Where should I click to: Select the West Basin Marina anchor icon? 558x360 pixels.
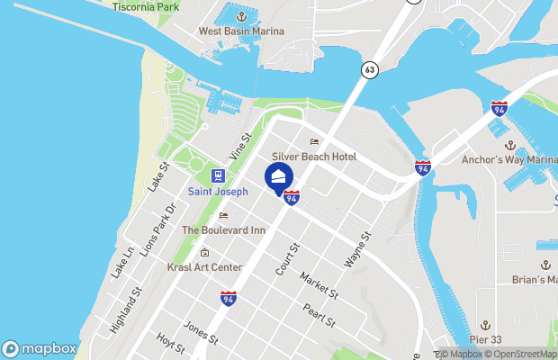[x=241, y=15]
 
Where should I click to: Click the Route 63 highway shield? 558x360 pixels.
[x=370, y=68]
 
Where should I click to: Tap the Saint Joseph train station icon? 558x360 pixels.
[x=217, y=175]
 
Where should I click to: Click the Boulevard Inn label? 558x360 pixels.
[x=224, y=230]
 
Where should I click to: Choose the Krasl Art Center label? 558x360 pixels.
[x=204, y=267]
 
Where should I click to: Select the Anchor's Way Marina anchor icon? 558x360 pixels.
[x=510, y=145]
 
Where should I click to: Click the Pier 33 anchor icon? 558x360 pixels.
[x=485, y=324]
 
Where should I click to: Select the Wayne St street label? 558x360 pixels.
[x=358, y=251]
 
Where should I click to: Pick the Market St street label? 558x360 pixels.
[x=319, y=286]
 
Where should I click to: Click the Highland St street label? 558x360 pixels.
[x=125, y=310]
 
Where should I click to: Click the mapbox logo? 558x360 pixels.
[x=40, y=348]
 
